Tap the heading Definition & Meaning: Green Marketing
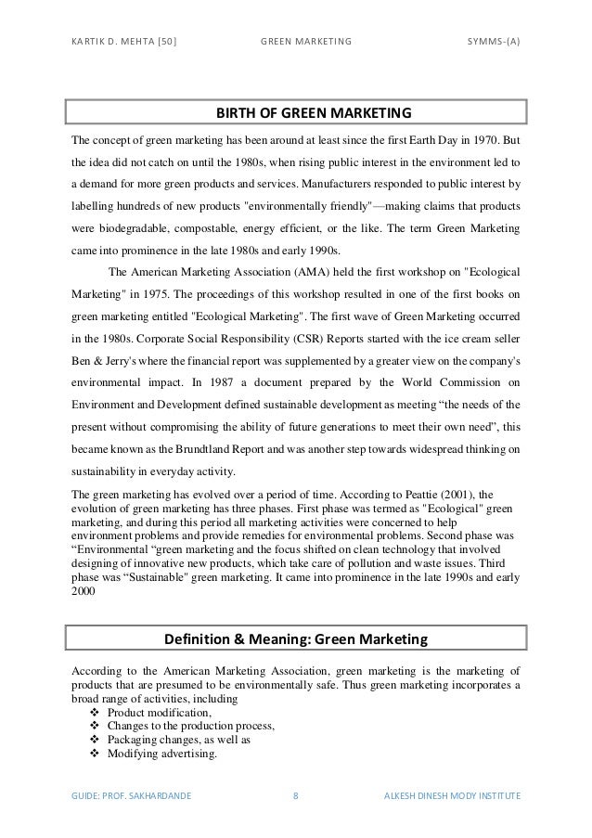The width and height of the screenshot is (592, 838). point(295,638)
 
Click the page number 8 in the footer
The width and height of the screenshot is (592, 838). point(295,796)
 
